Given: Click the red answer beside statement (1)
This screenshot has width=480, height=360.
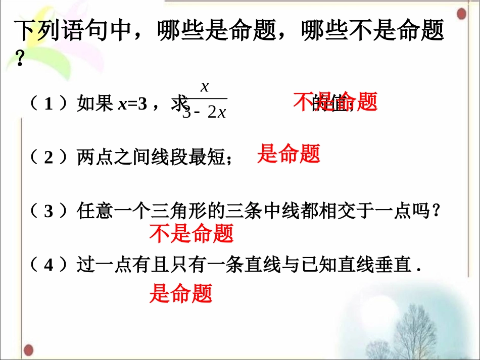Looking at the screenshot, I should point(335,102).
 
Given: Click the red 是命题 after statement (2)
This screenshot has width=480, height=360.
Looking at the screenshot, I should point(289,153).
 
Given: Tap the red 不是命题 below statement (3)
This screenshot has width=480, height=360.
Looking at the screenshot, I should point(191,233).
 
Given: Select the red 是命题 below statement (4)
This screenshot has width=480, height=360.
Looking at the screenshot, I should point(180,293).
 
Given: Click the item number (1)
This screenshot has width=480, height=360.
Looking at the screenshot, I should point(49,105).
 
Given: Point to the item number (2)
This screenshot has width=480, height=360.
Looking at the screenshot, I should point(49,158).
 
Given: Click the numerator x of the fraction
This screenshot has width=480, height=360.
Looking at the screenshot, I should point(205,87).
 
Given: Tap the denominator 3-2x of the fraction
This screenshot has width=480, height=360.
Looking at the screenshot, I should point(204,112).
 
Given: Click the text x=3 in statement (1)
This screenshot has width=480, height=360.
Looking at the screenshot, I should point(132,105).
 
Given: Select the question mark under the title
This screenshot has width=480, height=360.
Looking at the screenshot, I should point(20,61).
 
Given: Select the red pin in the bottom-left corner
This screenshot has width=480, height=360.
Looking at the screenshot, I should point(29,348).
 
